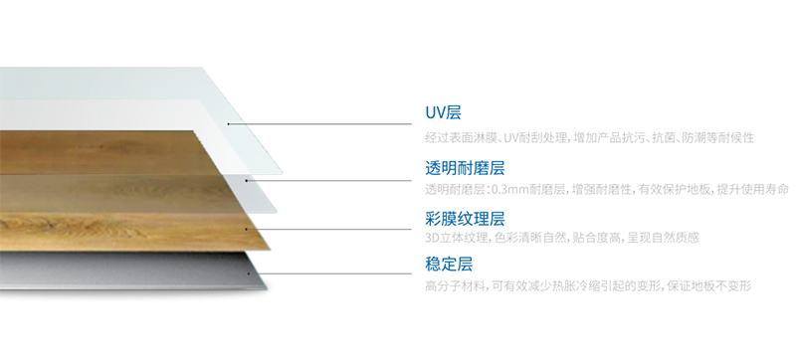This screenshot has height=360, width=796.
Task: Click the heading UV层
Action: click(x=443, y=113)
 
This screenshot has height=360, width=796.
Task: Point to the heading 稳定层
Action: click(x=449, y=265)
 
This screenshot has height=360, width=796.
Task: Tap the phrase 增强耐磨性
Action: click(x=603, y=189)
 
